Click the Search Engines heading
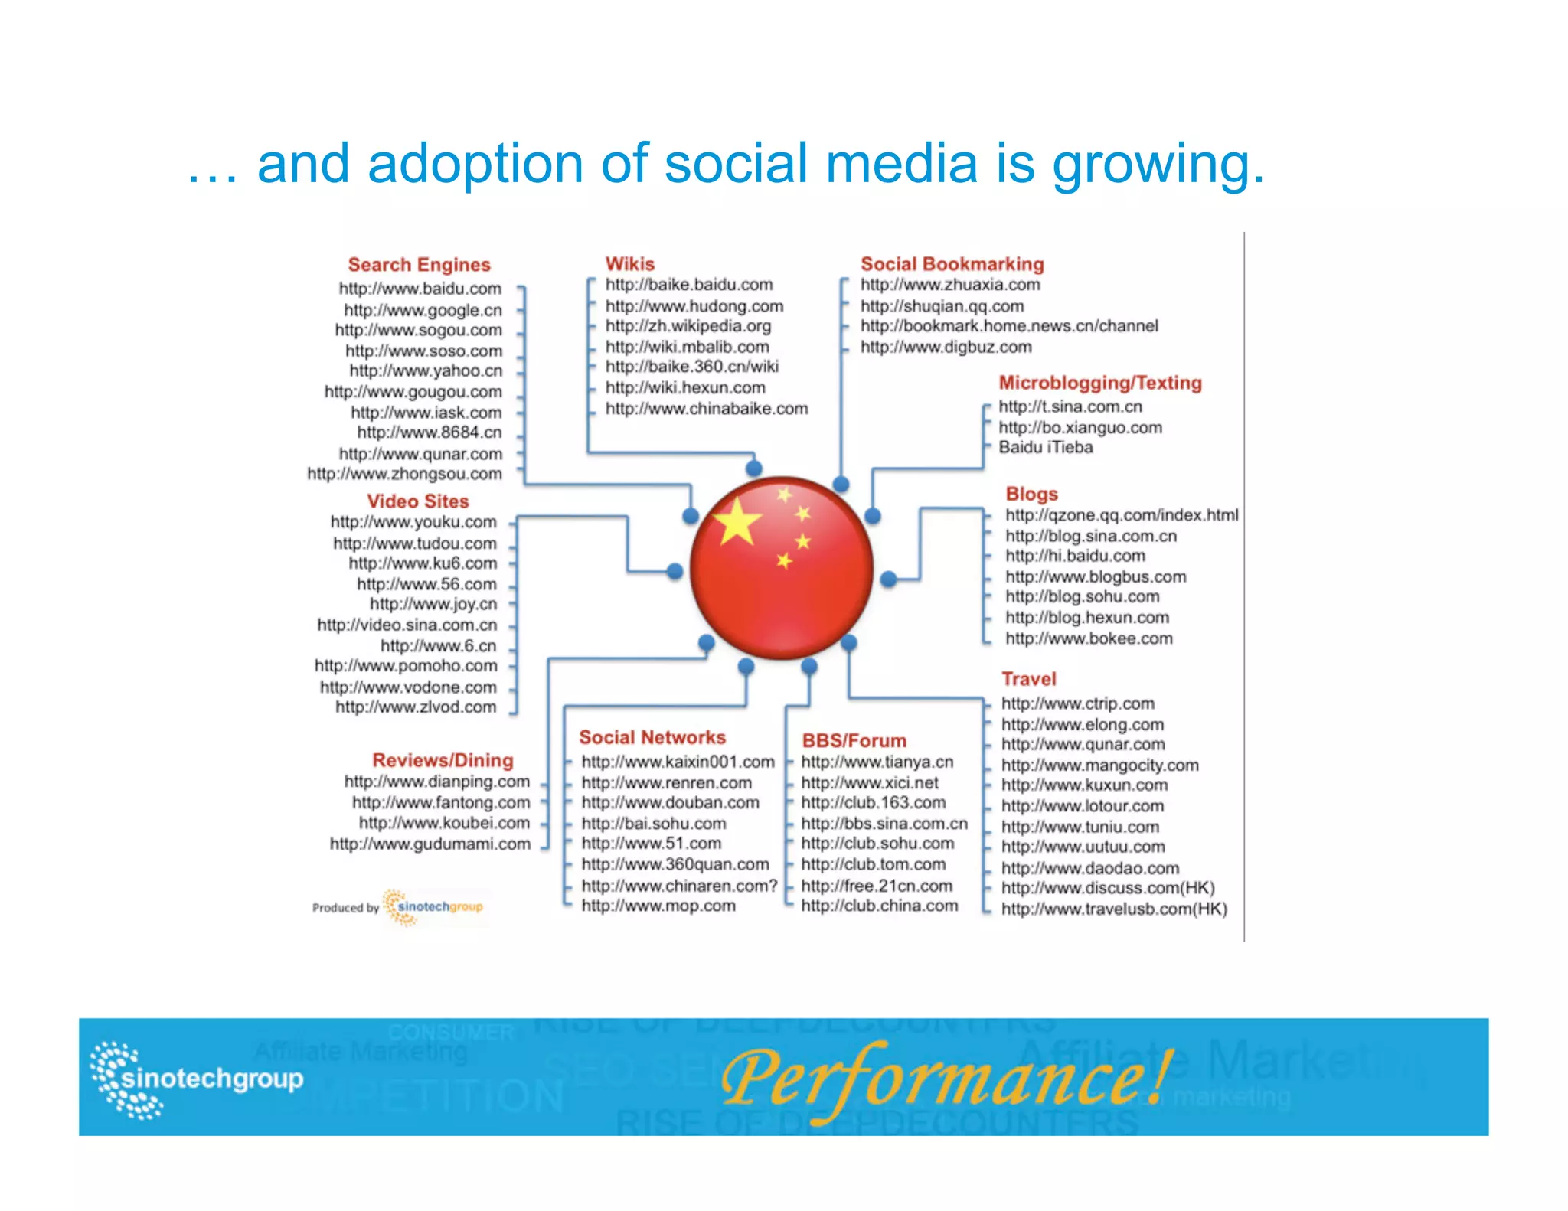click(419, 265)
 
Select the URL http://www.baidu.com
click(420, 289)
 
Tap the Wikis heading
click(629, 264)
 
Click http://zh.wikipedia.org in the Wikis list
click(688, 326)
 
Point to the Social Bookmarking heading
click(952, 264)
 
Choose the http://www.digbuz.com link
click(946, 347)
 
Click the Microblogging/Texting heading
click(1099, 383)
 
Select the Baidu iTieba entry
click(1045, 447)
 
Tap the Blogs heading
click(1031, 494)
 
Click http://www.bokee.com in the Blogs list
click(1088, 638)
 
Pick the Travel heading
click(1028, 679)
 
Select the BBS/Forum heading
click(854, 741)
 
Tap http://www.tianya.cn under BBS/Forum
click(877, 762)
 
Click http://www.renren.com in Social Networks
click(666, 783)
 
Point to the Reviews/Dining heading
click(443, 760)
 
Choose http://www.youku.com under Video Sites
click(413, 522)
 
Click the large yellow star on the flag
click(737, 523)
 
